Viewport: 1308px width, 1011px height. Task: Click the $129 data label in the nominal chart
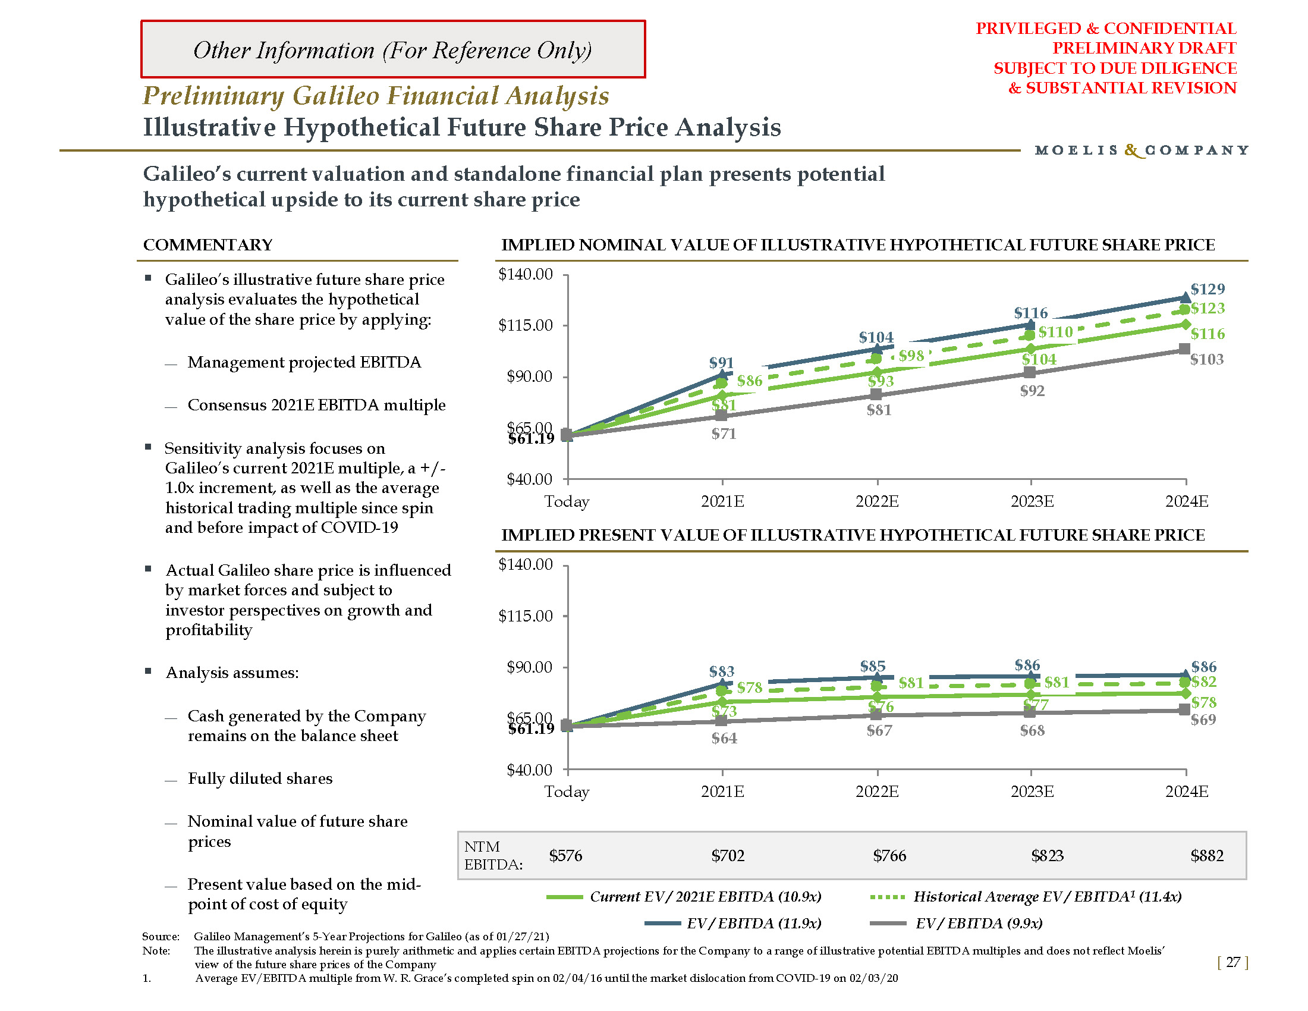(1208, 289)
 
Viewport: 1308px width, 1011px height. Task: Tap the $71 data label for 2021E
(724, 434)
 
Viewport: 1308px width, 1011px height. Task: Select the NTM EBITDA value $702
(728, 856)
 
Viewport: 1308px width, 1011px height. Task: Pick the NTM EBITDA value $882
(1207, 856)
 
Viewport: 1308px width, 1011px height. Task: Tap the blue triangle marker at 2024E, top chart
(1184, 297)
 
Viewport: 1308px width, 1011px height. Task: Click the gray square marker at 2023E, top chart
(1030, 372)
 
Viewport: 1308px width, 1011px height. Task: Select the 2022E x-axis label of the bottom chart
(877, 792)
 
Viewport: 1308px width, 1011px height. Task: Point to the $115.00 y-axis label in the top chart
(525, 325)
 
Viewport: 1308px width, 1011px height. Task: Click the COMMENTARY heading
(208, 245)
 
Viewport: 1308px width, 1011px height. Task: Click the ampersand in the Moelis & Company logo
(1132, 150)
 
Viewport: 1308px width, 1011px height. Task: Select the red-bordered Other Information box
(393, 50)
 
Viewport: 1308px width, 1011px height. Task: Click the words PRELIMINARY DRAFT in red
(1144, 48)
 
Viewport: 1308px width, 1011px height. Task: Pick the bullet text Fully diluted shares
(260, 778)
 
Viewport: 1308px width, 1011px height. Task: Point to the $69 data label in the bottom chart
(1203, 720)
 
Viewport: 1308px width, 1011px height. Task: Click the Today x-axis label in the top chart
(567, 502)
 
